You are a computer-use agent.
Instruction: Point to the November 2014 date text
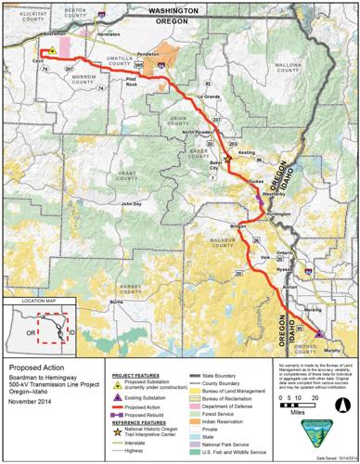[31, 402]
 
